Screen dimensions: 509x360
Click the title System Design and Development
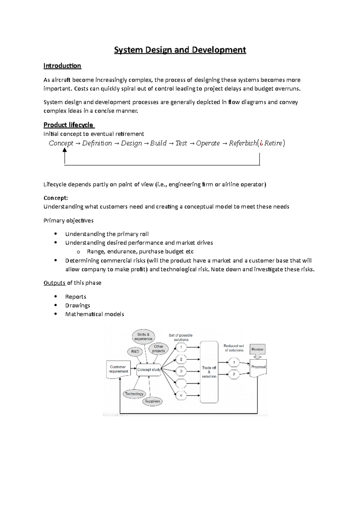click(x=180, y=50)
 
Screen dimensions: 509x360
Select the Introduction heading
click(x=62, y=66)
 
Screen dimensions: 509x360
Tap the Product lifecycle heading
click(x=69, y=125)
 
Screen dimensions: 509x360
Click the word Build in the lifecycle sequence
click(x=158, y=143)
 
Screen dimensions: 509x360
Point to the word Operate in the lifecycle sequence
click(x=208, y=143)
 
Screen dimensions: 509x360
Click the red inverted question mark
click(x=261, y=143)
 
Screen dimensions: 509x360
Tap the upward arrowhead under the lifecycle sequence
click(x=64, y=150)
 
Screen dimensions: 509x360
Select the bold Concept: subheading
click(x=56, y=198)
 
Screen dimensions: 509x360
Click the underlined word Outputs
click(x=54, y=283)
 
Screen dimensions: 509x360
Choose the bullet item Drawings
click(x=78, y=305)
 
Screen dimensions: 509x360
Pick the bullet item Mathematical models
click(x=94, y=314)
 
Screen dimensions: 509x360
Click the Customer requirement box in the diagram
click(x=118, y=369)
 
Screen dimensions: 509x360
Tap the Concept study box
click(x=149, y=370)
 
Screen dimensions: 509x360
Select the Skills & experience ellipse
click(x=143, y=337)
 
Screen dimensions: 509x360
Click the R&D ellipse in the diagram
click(x=135, y=352)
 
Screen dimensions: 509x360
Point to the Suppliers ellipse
click(x=152, y=401)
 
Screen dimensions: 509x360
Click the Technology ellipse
click(x=134, y=394)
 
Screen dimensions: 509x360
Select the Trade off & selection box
click(x=209, y=372)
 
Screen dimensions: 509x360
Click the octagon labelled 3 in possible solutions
click(x=181, y=371)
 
